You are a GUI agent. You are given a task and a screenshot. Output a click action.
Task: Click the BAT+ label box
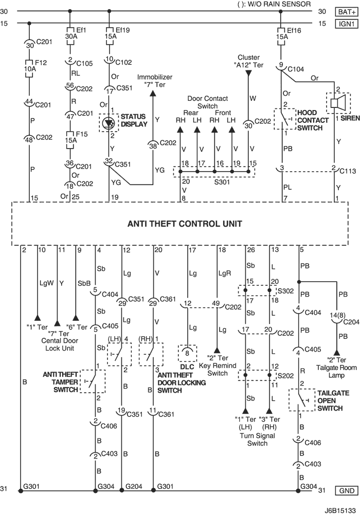click(x=347, y=12)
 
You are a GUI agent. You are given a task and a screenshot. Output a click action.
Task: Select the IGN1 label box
click(x=347, y=24)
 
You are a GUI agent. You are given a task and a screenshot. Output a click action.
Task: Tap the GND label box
click(x=347, y=491)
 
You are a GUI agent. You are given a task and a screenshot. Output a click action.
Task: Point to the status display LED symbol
click(x=109, y=123)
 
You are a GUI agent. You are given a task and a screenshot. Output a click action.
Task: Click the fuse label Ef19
click(x=122, y=30)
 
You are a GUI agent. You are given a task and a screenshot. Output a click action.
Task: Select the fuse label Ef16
click(x=294, y=30)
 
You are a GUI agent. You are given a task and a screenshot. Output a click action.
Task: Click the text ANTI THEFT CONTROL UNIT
click(x=185, y=224)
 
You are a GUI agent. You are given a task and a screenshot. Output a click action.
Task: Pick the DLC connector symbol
click(x=187, y=354)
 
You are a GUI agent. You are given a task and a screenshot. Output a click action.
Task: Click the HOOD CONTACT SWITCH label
click(x=313, y=120)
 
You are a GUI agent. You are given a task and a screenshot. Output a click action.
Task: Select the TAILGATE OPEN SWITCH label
click(x=333, y=400)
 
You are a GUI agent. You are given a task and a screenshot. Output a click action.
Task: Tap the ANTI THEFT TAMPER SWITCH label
click(x=60, y=382)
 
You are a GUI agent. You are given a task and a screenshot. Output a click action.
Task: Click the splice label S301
click(x=222, y=181)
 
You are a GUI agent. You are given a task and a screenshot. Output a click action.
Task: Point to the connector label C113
click(x=348, y=171)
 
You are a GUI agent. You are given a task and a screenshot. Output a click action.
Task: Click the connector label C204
click(x=351, y=322)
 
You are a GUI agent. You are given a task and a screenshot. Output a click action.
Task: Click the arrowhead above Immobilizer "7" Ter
click(x=153, y=93)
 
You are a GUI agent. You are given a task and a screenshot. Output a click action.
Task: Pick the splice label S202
click(x=286, y=375)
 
